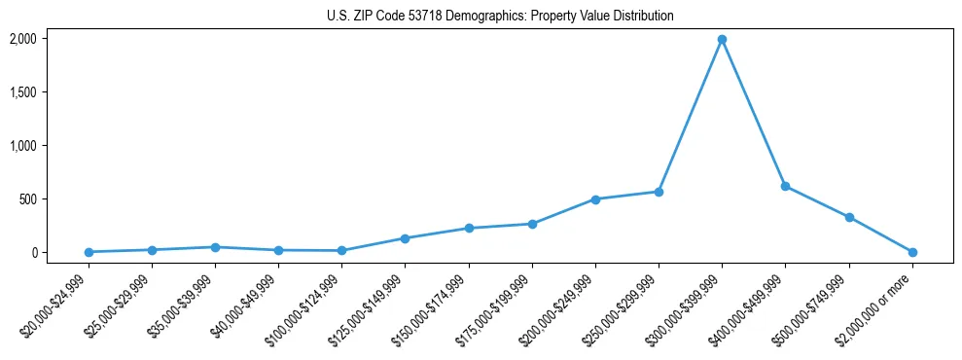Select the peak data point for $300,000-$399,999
coord(722,40)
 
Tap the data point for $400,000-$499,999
coord(785,186)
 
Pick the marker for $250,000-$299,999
coord(659,192)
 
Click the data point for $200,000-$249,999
coord(595,199)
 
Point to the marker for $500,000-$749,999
coord(849,217)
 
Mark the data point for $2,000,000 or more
coord(912,252)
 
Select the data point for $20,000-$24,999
coord(89,252)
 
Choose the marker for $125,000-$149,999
coord(406,238)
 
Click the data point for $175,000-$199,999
coord(532,224)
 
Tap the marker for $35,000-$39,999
coord(215,247)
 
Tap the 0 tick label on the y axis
coord(33,253)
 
